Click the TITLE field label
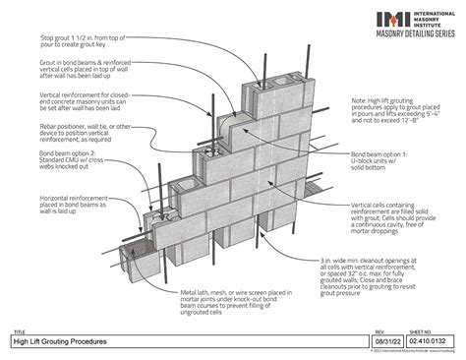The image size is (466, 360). click(18, 331)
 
